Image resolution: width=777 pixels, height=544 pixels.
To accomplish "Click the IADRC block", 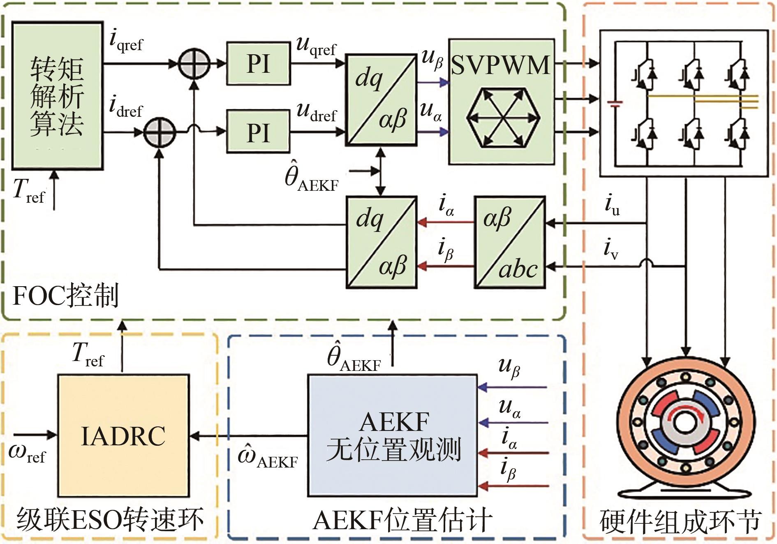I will click(123, 435).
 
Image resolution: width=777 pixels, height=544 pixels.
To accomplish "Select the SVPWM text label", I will click(500, 65).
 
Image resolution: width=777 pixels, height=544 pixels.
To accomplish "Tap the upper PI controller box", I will click(258, 63).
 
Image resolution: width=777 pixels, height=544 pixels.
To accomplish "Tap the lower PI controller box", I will click(258, 132).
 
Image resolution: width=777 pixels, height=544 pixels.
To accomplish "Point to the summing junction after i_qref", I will click(194, 64).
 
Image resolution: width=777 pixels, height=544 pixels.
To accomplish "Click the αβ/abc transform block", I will click(510, 242).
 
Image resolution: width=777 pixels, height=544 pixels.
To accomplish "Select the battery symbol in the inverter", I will click(615, 103).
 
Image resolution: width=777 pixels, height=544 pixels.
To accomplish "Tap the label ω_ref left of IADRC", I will click(27, 453).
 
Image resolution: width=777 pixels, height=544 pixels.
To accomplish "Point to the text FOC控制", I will click(66, 296).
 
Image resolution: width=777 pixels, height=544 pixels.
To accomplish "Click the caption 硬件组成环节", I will click(680, 521).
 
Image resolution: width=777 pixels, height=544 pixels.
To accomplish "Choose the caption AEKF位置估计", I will click(402, 520).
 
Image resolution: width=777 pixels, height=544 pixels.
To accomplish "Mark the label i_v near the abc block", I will click(611, 249).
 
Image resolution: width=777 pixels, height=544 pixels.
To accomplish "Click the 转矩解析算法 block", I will click(57, 96).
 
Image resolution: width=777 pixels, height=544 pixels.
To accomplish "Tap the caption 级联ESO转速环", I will click(110, 520).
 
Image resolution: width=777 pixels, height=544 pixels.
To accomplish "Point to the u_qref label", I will click(316, 46).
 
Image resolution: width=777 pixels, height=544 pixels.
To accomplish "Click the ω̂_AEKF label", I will click(268, 457).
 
